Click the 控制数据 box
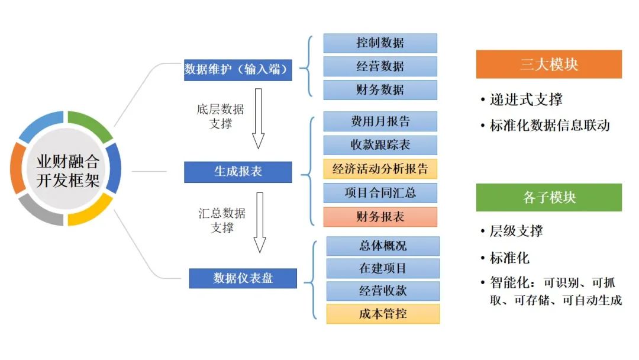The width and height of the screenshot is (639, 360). pyautogui.click(x=380, y=43)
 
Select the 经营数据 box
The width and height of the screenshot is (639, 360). pyautogui.click(x=380, y=66)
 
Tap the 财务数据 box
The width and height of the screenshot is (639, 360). pyautogui.click(x=380, y=89)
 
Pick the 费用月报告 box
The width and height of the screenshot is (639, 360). pyautogui.click(x=380, y=121)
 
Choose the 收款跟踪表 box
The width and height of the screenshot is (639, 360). pyautogui.click(x=380, y=145)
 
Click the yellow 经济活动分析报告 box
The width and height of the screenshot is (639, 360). pyautogui.click(x=380, y=169)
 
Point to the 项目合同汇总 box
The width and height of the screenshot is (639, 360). pyautogui.click(x=380, y=192)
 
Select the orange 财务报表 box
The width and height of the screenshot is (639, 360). pyautogui.click(x=380, y=217)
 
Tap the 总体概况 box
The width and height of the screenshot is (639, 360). pyautogui.click(x=383, y=246)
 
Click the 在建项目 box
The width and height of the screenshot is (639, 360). pyautogui.click(x=383, y=268)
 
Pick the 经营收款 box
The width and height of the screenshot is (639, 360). pyautogui.click(x=383, y=291)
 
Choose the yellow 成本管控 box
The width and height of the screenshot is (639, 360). pyautogui.click(x=383, y=314)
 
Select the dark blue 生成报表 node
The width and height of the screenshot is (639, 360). pyautogui.click(x=238, y=172)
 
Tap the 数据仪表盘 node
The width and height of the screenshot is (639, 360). pyautogui.click(x=243, y=278)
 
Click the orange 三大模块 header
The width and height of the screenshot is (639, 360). pyautogui.click(x=548, y=64)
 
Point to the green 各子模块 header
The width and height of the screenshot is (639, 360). pyautogui.click(x=548, y=197)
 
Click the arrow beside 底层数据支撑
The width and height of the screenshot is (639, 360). pyautogui.click(x=259, y=118)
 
